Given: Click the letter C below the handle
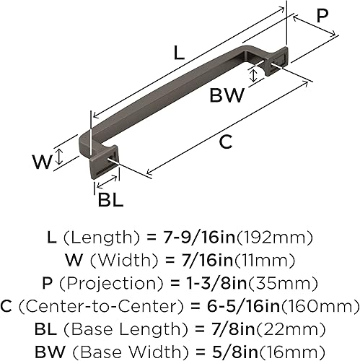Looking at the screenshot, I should (x=226, y=142).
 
